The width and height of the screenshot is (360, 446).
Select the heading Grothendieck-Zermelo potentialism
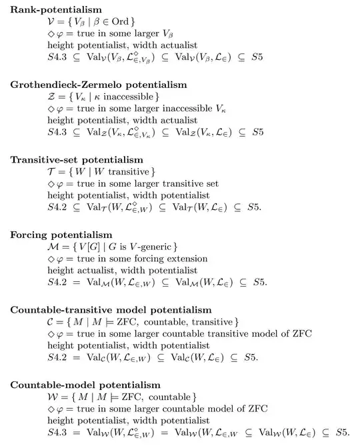coord(98,85)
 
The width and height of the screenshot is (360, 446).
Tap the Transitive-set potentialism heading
coord(77,160)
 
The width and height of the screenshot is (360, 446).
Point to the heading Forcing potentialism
coord(61,235)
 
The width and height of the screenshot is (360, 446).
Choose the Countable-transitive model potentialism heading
coord(111,310)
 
